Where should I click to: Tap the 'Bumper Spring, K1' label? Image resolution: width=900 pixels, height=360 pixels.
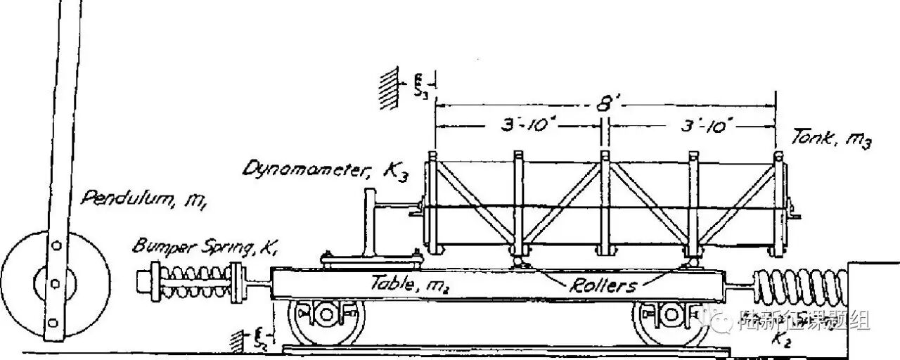(x=184, y=247)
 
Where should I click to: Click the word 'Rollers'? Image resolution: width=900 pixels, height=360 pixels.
(x=604, y=285)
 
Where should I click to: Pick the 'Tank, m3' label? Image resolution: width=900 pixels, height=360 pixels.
(x=831, y=140)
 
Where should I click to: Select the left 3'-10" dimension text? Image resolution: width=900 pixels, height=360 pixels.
(x=519, y=127)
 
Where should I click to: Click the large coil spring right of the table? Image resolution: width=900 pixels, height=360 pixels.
(x=799, y=288)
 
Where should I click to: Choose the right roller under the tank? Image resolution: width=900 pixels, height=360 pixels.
(x=693, y=262)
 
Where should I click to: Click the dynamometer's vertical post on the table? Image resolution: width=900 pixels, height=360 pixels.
(x=368, y=224)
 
